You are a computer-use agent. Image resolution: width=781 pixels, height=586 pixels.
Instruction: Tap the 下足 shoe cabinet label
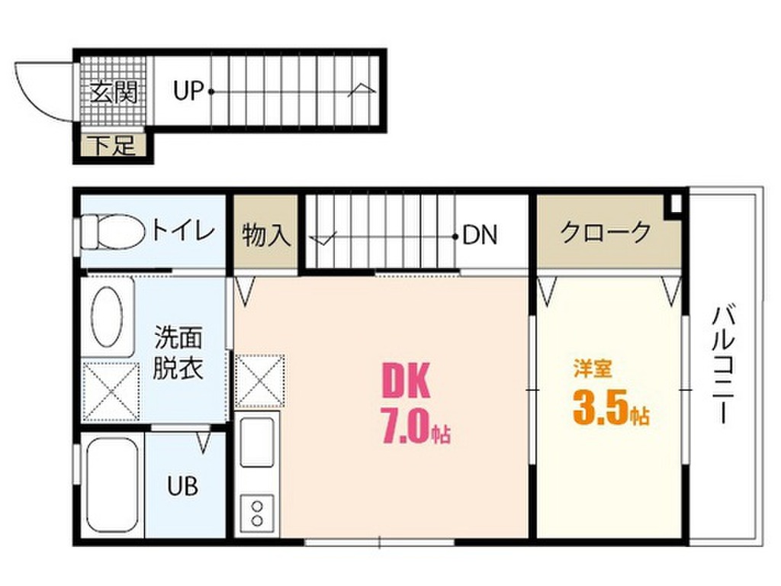(114, 146)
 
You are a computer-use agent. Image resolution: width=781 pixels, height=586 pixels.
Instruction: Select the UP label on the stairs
(188, 92)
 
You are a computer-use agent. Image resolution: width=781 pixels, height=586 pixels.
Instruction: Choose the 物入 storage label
(266, 235)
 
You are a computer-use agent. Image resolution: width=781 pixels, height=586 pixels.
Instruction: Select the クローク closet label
(606, 232)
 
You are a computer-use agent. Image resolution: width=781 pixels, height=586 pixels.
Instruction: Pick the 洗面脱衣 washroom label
(178, 353)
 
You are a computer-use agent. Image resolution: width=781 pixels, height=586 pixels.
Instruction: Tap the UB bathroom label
(182, 486)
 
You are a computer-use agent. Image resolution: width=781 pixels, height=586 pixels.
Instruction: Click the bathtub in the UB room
(111, 487)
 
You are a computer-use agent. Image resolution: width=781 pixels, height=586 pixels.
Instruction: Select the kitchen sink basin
(257, 442)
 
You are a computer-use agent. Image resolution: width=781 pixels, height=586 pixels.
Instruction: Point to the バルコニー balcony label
(725, 365)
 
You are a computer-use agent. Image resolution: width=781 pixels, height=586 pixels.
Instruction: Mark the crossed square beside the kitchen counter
(261, 381)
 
